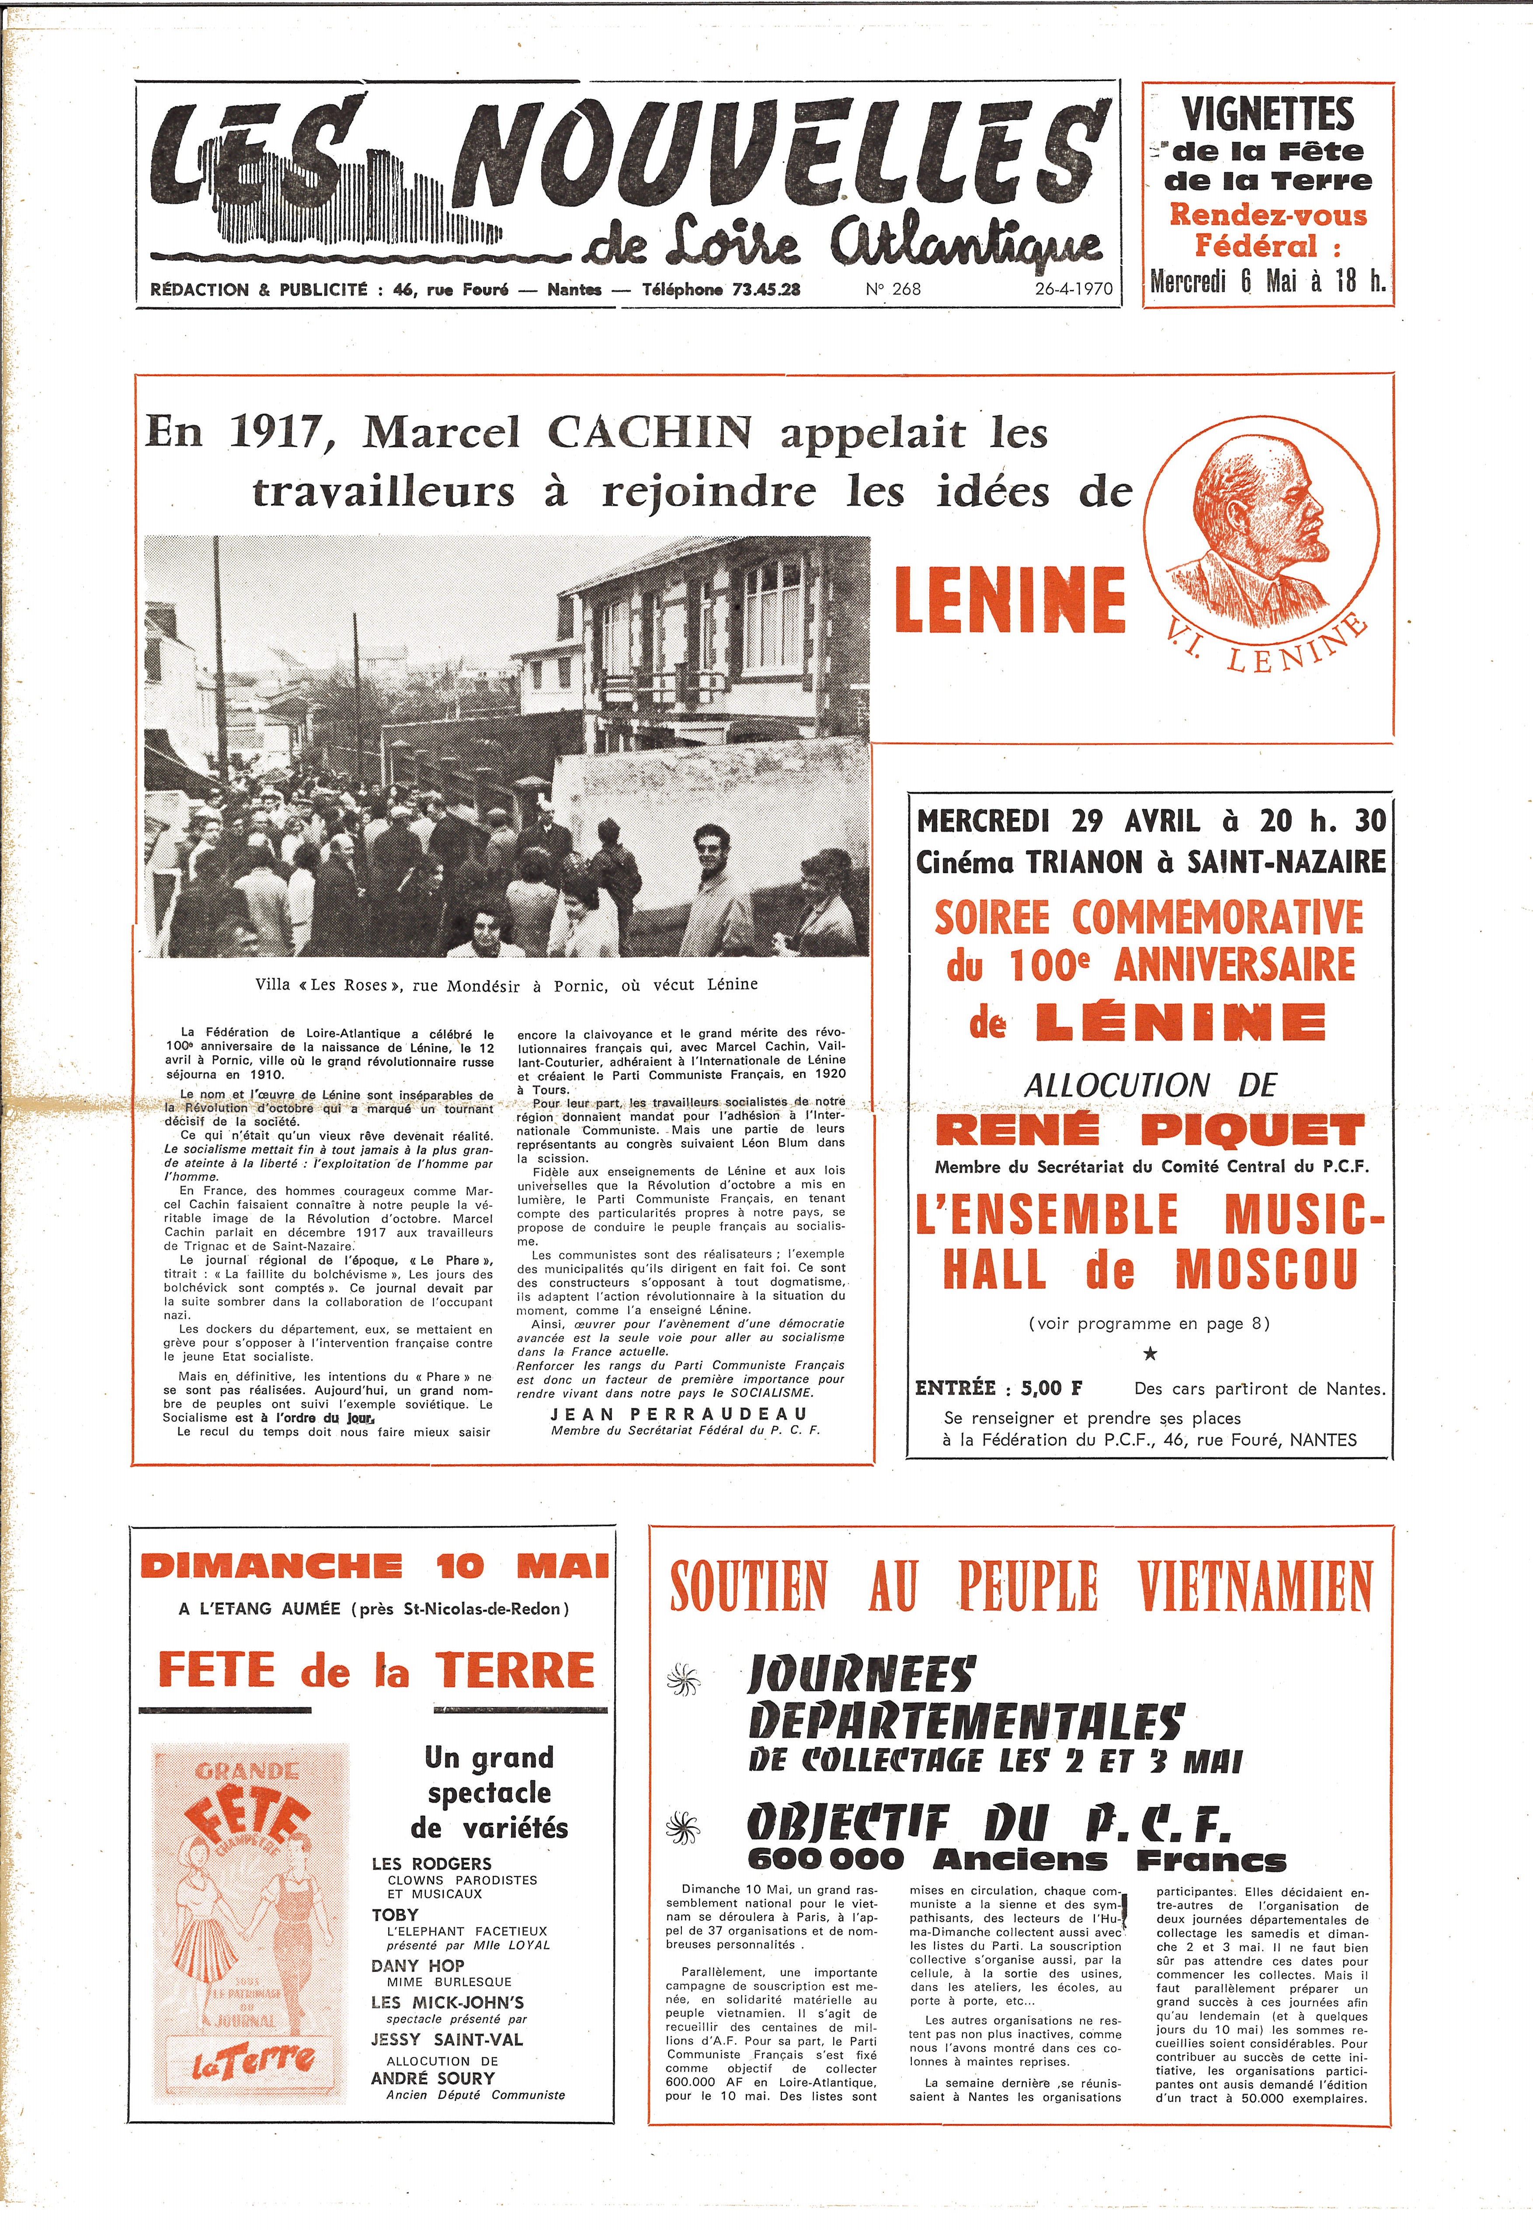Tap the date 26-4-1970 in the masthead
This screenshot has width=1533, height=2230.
(1073, 288)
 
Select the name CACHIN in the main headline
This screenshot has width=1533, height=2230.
(650, 433)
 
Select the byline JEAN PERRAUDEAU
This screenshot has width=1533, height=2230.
(678, 1414)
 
